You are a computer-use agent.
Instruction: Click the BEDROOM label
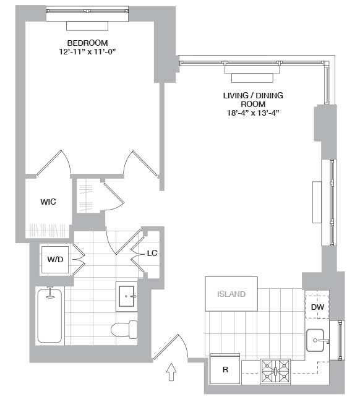tap(87, 43)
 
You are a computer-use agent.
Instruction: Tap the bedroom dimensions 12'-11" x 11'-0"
tap(87, 51)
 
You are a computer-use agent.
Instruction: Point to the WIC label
tap(49, 202)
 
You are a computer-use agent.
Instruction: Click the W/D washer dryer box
tap(56, 260)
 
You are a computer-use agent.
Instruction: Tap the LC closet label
tap(152, 253)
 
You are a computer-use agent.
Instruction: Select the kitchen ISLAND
tap(231, 294)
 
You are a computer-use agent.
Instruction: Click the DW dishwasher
tap(317, 307)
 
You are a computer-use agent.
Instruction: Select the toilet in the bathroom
tap(123, 330)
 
